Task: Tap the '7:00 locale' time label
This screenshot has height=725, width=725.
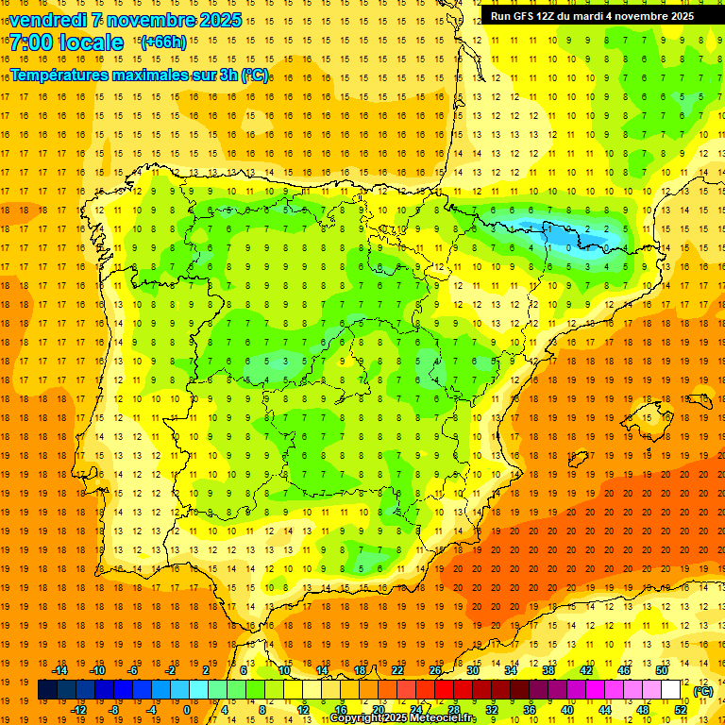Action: coord(66,42)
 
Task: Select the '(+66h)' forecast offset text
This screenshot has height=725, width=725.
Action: coord(162,42)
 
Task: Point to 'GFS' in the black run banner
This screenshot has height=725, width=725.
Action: coord(529,16)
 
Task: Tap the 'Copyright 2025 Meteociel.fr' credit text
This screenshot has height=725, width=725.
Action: coord(402,718)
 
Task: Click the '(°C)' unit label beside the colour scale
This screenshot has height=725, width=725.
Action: coord(702,691)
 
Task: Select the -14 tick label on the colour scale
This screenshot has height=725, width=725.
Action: coord(59,670)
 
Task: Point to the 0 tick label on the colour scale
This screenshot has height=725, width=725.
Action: coord(187,710)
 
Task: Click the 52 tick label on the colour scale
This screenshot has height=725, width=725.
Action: coord(681,710)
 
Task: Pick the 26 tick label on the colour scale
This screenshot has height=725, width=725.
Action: coord(435,670)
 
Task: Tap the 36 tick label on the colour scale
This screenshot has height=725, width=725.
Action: coord(530,710)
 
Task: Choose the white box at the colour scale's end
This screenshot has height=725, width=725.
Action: coord(671,690)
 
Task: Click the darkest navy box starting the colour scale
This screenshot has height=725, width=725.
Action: coord(47,690)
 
